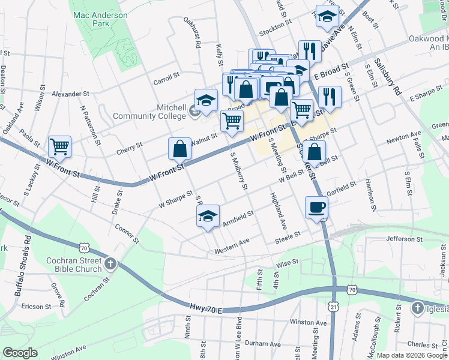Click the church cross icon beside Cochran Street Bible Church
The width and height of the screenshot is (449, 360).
pyautogui.click(x=110, y=263)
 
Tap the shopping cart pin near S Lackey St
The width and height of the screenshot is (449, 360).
pyautogui.click(x=59, y=146)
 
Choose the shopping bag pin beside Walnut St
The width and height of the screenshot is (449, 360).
pyautogui.click(x=179, y=149)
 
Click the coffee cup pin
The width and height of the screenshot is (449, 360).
pyautogui.click(x=316, y=208)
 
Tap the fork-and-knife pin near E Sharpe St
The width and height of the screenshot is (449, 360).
pyautogui.click(x=330, y=96)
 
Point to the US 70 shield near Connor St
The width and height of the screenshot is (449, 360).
pyautogui.click(x=83, y=247)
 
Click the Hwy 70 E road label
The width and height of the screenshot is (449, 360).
pyautogui.click(x=205, y=307)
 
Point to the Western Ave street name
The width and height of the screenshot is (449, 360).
pyautogui.click(x=232, y=244)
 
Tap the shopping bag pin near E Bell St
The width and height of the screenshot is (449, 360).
pyautogui.click(x=314, y=153)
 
